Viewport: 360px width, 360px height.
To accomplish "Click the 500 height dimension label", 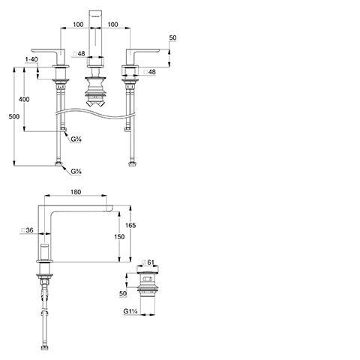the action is pos(14,116).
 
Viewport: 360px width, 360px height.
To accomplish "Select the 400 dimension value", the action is pos(24,99).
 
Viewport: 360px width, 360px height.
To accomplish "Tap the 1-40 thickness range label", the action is pos(31,59).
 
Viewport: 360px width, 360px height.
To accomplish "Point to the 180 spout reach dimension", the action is pos(76,192).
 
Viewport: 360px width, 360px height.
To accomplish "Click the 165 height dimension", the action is pos(130,225).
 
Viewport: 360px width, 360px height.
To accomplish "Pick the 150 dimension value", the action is pos(119,236).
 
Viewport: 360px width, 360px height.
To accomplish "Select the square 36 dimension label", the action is pos(27,230).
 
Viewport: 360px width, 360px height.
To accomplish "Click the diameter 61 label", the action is pos(148,262).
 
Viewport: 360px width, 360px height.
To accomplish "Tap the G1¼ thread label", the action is pos(130,311).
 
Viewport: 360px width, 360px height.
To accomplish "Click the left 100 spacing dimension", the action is pos(78,25).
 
